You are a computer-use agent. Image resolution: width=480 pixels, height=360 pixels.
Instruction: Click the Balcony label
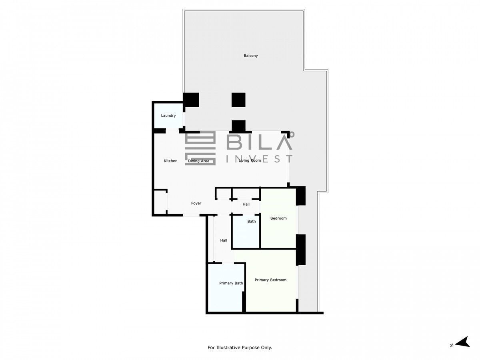(251, 56)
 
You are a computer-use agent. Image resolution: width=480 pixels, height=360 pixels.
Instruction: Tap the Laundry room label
(168, 116)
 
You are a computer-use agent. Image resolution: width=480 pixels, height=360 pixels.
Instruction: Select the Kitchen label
(170, 161)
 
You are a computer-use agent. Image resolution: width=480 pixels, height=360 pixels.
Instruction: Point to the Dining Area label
(198, 161)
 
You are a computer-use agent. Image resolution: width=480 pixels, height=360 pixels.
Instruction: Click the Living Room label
(250, 160)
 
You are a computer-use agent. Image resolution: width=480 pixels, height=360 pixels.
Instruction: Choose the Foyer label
(196, 203)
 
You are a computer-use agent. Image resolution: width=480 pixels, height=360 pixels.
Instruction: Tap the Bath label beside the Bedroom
(252, 222)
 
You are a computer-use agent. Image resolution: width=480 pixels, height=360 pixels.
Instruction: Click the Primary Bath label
(231, 283)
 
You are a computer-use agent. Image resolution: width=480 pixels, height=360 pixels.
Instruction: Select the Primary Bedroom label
(270, 280)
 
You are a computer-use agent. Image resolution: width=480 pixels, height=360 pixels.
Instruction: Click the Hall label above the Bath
(246, 204)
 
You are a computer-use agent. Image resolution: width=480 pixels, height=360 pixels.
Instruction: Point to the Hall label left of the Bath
(224, 240)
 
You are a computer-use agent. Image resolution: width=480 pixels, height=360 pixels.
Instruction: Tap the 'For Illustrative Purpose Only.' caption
(240, 347)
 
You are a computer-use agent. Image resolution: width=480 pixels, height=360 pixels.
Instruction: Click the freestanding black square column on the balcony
(238, 100)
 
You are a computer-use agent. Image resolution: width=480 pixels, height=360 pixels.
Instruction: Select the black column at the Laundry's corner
(191, 100)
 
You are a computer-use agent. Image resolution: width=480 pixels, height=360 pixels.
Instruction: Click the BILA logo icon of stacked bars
(200, 148)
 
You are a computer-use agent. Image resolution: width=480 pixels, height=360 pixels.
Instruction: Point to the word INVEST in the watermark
(259, 159)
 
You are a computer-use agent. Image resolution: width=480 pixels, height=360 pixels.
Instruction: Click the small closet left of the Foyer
(160, 202)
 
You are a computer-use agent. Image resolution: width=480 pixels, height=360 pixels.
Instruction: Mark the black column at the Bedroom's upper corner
(301, 196)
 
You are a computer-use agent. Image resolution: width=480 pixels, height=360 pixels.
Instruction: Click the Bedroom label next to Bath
(278, 218)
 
